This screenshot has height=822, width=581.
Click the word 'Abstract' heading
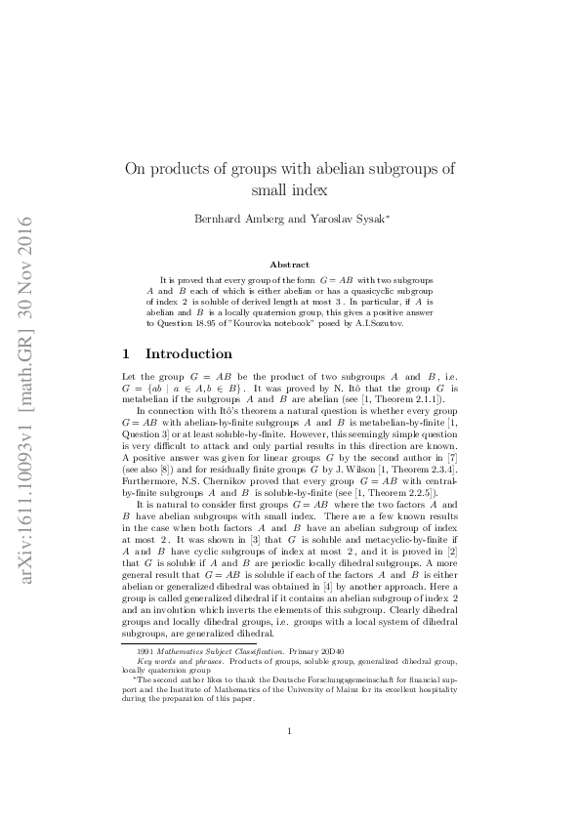290,265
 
